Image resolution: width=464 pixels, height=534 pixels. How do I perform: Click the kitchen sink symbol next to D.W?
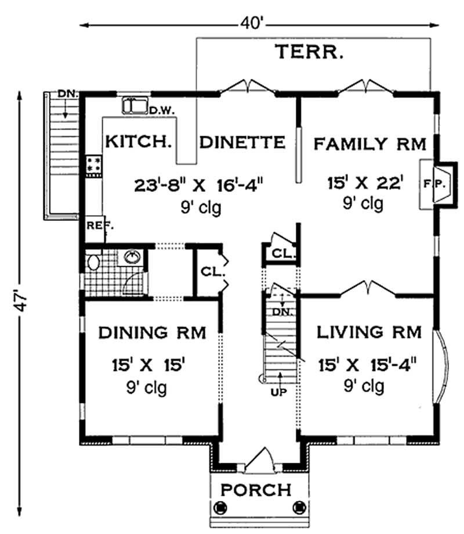coord(135,106)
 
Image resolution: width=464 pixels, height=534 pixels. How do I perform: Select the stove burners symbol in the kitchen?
coord(93,165)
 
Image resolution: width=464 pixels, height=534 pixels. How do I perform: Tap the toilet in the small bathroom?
coord(92,263)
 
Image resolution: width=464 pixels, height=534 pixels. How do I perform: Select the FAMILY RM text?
coord(370,143)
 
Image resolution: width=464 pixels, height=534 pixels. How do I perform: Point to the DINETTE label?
coord(242,142)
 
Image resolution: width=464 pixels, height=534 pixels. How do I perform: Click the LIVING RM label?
coord(367,332)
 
